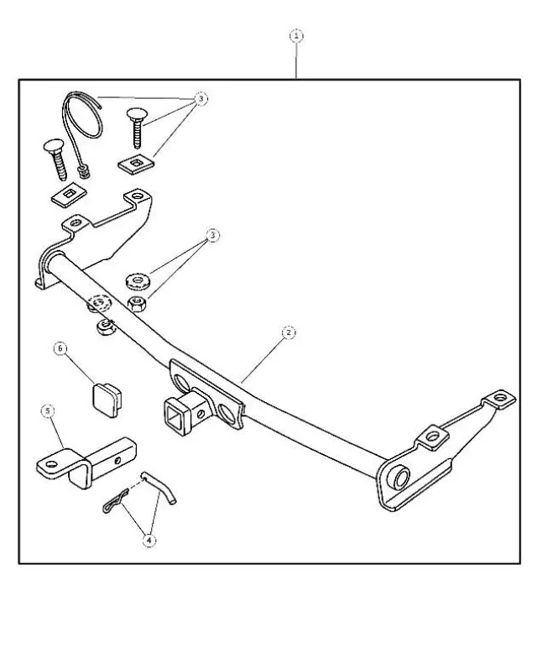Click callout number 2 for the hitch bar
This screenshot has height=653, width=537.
[x=288, y=332]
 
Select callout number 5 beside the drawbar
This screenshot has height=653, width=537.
[x=49, y=410]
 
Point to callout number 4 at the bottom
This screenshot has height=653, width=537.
[x=149, y=541]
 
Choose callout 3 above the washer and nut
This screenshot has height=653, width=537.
[x=212, y=237]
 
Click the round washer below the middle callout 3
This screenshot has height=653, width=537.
[x=136, y=279]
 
